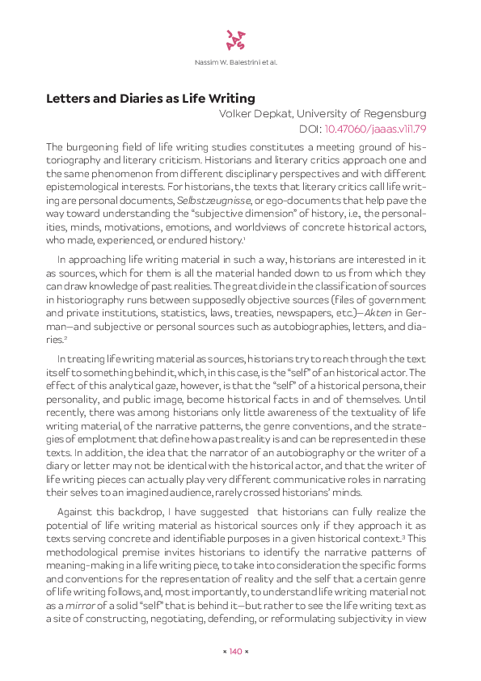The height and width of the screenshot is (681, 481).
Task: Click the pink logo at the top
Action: pos(234,39)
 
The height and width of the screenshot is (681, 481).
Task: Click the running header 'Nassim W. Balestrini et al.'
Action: pos(236,62)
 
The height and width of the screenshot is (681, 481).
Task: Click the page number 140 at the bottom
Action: pos(236,651)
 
